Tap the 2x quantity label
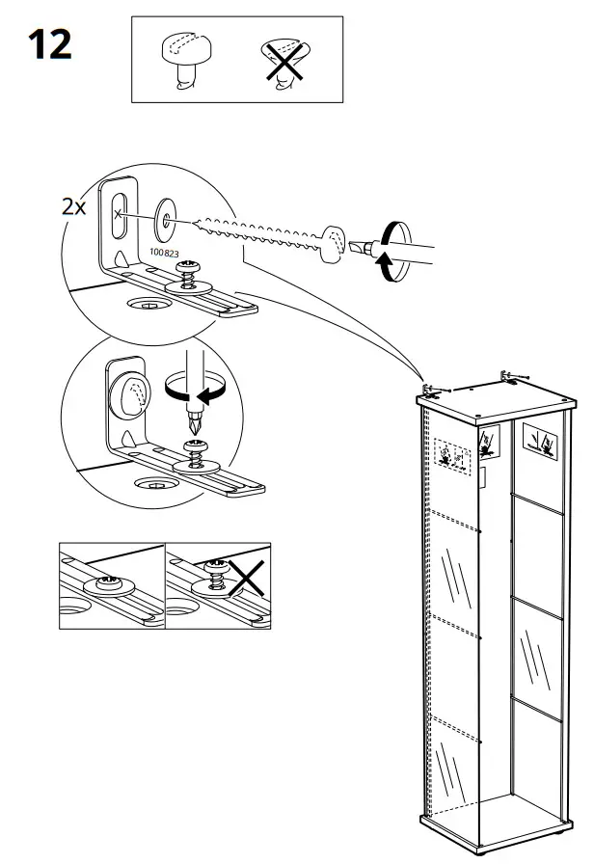tap(73, 207)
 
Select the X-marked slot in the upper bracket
tap(120, 214)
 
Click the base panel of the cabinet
tap(492, 830)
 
